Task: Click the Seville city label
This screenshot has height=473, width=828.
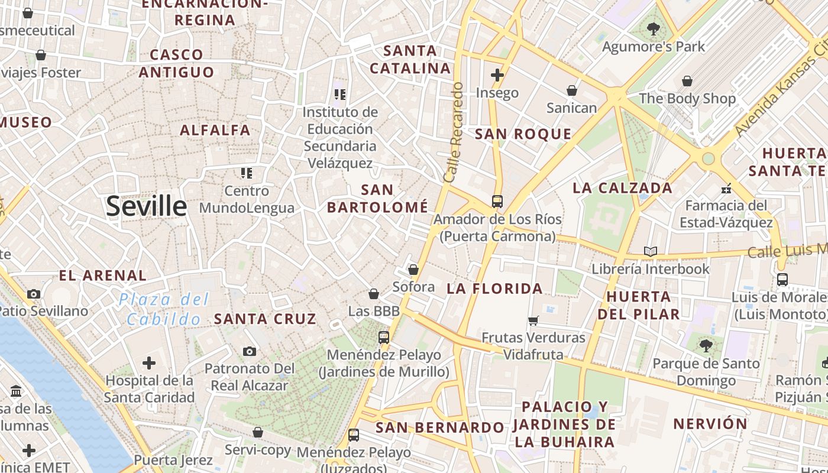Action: [x=147, y=206]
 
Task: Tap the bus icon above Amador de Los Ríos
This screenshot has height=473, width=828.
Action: [x=497, y=201]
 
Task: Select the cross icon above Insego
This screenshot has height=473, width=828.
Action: [x=497, y=75]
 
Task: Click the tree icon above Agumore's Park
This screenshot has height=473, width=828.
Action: [x=653, y=28]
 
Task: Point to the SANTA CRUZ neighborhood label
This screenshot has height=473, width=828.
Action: [x=265, y=319]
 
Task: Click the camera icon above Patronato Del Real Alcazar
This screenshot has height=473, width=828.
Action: [x=250, y=351]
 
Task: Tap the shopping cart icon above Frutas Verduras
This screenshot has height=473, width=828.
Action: [x=533, y=320]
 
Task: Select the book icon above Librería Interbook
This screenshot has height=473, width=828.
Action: [x=651, y=251]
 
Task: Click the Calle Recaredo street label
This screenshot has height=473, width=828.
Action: [x=453, y=132]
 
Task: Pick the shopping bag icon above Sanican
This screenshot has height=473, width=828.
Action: [x=571, y=90]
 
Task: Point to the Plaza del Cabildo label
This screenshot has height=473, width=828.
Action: [x=164, y=309]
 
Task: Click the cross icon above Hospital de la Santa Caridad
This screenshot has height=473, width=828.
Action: [x=149, y=362]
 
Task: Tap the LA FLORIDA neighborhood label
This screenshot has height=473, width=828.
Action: [x=494, y=289]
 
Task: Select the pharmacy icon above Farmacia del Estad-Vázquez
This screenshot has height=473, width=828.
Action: [x=726, y=189]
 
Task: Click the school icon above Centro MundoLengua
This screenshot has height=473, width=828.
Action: [x=247, y=173]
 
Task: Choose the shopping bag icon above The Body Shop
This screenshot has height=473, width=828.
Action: [x=687, y=81]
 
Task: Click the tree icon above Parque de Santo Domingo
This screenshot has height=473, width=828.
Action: [x=705, y=346]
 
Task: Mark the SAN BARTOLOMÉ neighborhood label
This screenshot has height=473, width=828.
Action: [x=377, y=199]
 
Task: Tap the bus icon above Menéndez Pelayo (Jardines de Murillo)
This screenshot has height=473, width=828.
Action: [x=384, y=338]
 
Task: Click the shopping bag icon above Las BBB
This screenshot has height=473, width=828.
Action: [x=374, y=294]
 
